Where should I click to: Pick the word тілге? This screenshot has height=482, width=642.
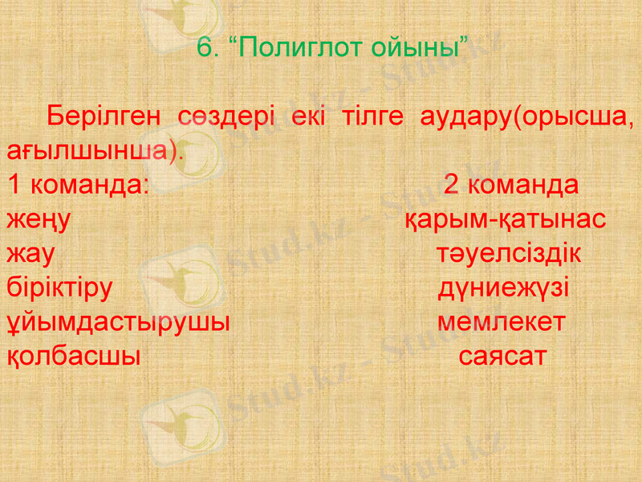tap(368, 116)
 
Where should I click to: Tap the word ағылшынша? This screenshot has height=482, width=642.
tap(91, 150)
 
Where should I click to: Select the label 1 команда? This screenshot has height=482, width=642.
tap(77, 185)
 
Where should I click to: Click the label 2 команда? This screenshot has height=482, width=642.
tap(511, 185)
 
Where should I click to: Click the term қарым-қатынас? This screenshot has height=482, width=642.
tap(504, 219)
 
